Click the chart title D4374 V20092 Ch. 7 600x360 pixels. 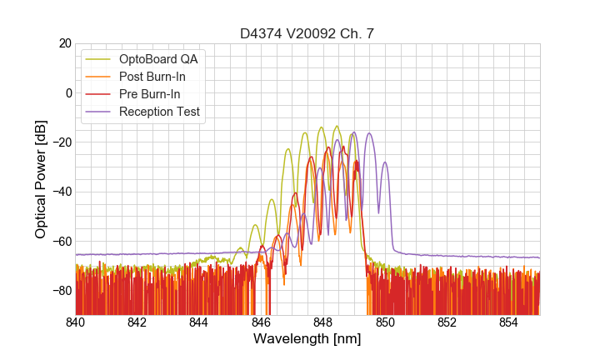(307, 33)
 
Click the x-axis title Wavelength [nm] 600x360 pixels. (307, 339)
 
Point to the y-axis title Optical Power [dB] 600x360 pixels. (40, 178)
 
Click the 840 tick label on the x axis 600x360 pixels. (76, 322)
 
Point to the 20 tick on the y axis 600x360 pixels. (64, 43)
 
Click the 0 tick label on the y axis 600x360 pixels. (67, 92)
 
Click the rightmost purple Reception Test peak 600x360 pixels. (385, 162)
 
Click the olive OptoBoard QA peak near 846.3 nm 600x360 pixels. (272, 200)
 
